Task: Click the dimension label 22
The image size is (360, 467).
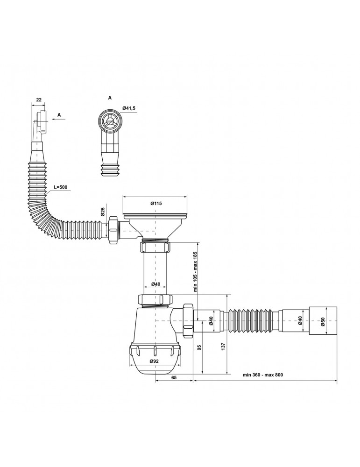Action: tap(39, 100)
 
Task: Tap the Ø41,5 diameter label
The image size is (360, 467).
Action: tap(128, 108)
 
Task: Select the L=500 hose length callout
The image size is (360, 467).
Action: tap(61, 187)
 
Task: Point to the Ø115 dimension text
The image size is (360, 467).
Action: tap(156, 204)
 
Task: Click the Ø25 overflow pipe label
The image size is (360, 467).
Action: tap(102, 212)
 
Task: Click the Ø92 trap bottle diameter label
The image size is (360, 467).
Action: tap(154, 361)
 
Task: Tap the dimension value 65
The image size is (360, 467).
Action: tap(174, 377)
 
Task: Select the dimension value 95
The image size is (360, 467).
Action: tap(199, 347)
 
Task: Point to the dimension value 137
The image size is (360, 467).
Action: tap(223, 346)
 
